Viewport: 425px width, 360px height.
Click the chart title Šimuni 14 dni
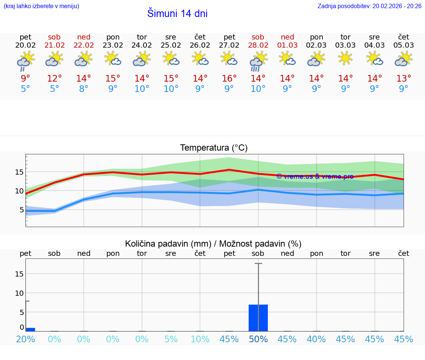(177, 14)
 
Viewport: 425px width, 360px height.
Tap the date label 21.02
(54, 45)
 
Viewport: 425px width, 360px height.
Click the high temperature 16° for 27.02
(229, 78)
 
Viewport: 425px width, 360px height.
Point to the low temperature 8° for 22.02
(84, 89)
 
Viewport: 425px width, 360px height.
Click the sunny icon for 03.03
(345, 58)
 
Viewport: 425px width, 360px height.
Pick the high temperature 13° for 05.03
(404, 78)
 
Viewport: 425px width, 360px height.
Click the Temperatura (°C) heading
(214, 148)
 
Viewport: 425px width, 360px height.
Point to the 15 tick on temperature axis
(19, 172)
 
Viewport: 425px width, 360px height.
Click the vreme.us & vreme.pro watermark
(315, 176)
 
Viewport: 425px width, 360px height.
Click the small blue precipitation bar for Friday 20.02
(30, 329)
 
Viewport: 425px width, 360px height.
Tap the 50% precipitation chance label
(258, 339)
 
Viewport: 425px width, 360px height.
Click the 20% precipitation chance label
(25, 339)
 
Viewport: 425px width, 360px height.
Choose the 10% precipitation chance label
(200, 339)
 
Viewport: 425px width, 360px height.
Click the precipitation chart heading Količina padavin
(213, 244)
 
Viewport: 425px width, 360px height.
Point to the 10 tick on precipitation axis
(19, 293)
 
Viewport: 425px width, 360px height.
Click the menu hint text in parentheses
(41, 6)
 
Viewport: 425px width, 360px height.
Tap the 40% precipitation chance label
(316, 339)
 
